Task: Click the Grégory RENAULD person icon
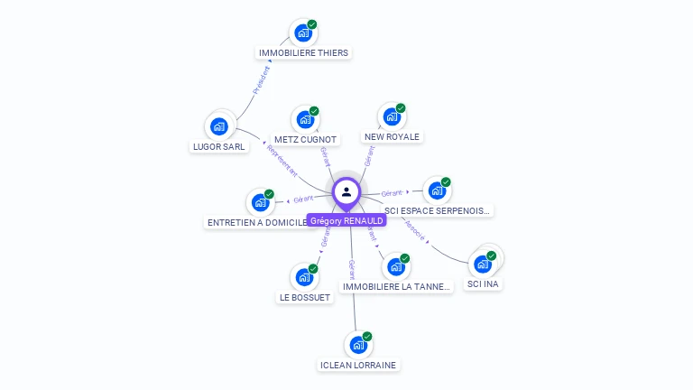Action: [346, 191]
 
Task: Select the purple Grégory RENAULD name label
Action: [346, 220]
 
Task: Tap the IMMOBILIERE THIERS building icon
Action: [302, 33]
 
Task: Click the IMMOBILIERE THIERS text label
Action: [303, 53]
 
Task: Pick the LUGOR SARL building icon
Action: [218, 126]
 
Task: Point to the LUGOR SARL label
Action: [219, 146]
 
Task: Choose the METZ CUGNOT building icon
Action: [305, 119]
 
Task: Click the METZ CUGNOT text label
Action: [305, 140]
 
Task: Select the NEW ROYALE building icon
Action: [391, 116]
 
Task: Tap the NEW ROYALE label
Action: [392, 137]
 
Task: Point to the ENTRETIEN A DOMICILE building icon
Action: [260, 202]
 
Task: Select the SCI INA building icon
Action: [482, 264]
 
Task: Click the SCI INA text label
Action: [483, 284]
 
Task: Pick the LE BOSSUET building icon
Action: [303, 277]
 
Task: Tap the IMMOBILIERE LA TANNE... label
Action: [395, 287]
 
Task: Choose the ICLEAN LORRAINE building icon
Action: [357, 345]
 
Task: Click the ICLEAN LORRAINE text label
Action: [358, 365]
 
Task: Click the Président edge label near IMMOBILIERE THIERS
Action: [262, 80]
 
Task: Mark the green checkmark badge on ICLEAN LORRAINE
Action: [367, 337]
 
